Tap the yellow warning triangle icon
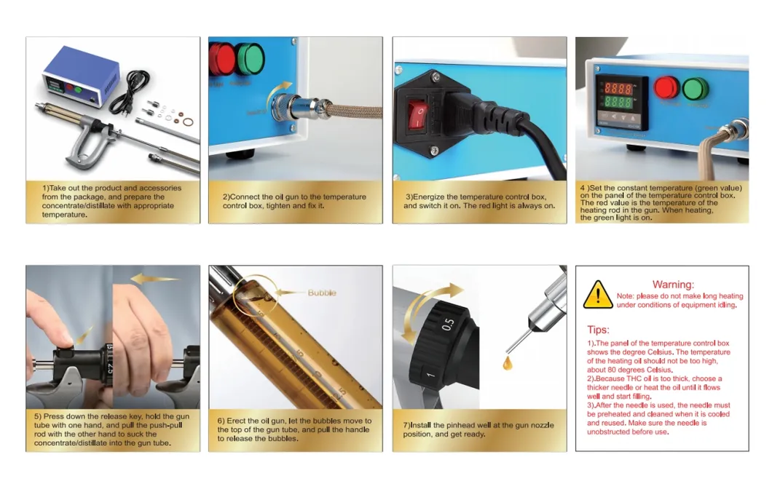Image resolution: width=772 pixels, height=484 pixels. point(598,294)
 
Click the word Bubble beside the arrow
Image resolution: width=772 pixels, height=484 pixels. point(321,293)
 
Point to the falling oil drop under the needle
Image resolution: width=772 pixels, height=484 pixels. point(507,362)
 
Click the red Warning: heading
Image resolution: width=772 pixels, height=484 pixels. point(672,285)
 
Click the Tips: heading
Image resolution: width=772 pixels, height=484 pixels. point(598,329)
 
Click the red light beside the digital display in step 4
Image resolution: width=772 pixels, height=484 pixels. point(666,89)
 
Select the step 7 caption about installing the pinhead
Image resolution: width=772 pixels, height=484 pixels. point(478,429)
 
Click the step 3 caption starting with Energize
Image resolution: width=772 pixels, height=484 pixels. point(478,201)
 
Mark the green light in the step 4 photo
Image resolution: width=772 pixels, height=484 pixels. point(695,89)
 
